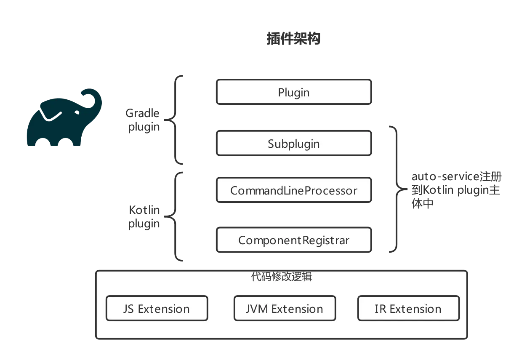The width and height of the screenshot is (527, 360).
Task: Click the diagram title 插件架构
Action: tap(293, 39)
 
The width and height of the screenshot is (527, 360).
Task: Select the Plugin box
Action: tap(294, 92)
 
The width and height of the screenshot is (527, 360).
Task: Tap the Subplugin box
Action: tap(294, 143)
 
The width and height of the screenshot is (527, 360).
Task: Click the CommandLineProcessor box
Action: tap(294, 190)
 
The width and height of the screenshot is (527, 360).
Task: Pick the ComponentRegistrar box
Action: tap(294, 240)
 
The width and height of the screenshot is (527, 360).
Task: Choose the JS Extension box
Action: tap(157, 309)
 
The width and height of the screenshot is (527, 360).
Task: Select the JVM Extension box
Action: tap(285, 309)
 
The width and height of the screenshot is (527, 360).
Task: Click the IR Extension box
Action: tap(408, 309)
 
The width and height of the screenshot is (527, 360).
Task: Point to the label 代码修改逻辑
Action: tap(281, 277)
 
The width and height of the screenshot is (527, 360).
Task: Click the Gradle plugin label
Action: tap(143, 120)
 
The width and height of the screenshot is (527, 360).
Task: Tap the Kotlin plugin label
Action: tap(144, 217)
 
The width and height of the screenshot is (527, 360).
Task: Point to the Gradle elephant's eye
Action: tap(77, 112)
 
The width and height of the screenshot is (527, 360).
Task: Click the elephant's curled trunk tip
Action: tap(84, 93)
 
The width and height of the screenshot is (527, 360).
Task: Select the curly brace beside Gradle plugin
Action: tap(173, 120)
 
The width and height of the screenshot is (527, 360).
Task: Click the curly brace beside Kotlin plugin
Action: tap(173, 216)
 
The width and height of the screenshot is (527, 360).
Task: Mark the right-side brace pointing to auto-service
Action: tap(398, 189)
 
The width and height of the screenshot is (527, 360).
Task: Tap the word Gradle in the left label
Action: tap(142, 113)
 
